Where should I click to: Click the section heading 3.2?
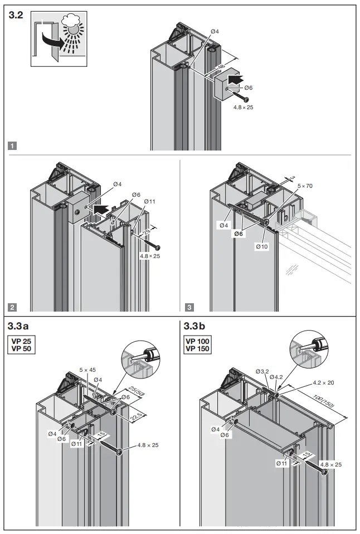pos(16,16)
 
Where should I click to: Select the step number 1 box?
pos(13,146)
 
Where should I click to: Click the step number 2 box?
pos(13,307)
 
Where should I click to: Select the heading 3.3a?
pos(21,325)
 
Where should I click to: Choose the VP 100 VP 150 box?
pos(198,344)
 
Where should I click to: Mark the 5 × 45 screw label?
pos(88,370)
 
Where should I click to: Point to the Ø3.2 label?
pos(262,371)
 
